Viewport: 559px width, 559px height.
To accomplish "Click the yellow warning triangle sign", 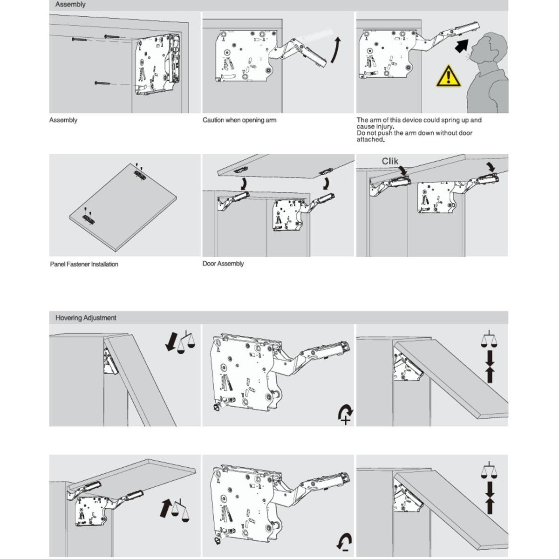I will pyautogui.click(x=448, y=77).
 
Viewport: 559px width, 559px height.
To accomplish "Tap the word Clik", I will pyautogui.click(x=390, y=161).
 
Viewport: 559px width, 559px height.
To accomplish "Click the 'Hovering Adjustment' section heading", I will pyautogui.click(x=86, y=318).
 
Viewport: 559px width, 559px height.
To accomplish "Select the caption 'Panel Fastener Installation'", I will pyautogui.click(x=84, y=264).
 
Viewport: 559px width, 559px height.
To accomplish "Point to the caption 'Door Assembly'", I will pyautogui.click(x=223, y=264).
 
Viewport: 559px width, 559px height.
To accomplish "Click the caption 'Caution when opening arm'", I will pyautogui.click(x=239, y=120).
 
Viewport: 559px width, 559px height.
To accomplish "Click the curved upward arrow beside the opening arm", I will pyautogui.click(x=336, y=50).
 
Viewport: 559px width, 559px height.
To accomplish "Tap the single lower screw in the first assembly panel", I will pyautogui.click(x=102, y=83).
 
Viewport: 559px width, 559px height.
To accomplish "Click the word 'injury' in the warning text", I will pyautogui.click(x=382, y=127).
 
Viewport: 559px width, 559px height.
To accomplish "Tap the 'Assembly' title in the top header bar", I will pyautogui.click(x=70, y=5).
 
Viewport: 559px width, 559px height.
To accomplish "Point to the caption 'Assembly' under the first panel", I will pyautogui.click(x=63, y=120).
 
